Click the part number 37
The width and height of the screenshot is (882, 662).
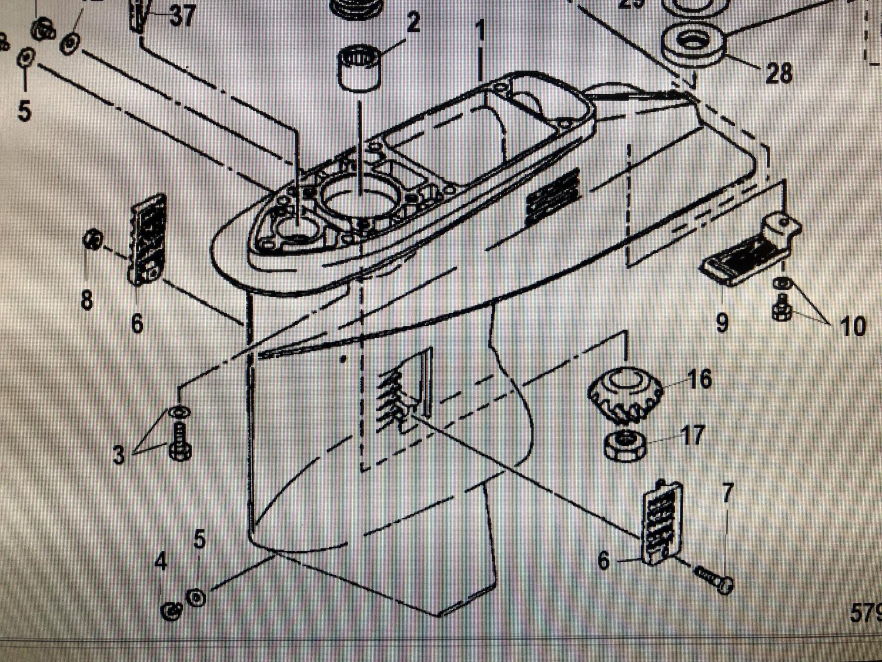tap(182, 15)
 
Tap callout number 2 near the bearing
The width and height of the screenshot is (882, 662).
tap(413, 22)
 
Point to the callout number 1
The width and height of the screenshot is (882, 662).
tap(480, 31)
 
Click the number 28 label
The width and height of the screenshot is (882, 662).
tap(779, 74)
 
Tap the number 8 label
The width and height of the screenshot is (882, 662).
tap(86, 300)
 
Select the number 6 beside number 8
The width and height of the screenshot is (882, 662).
tap(136, 323)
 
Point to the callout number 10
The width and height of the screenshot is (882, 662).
tap(853, 327)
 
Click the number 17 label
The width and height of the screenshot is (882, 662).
tap(692, 435)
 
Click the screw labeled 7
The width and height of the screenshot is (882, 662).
tap(713, 578)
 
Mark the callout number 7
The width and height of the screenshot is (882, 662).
tap(728, 492)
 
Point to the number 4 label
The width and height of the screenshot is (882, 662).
tap(161, 562)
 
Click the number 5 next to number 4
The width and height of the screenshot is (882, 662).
tap(199, 538)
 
